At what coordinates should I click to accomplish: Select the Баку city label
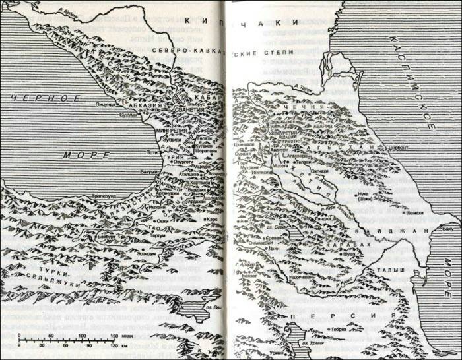(449, 229)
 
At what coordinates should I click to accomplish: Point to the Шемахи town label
(415, 212)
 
